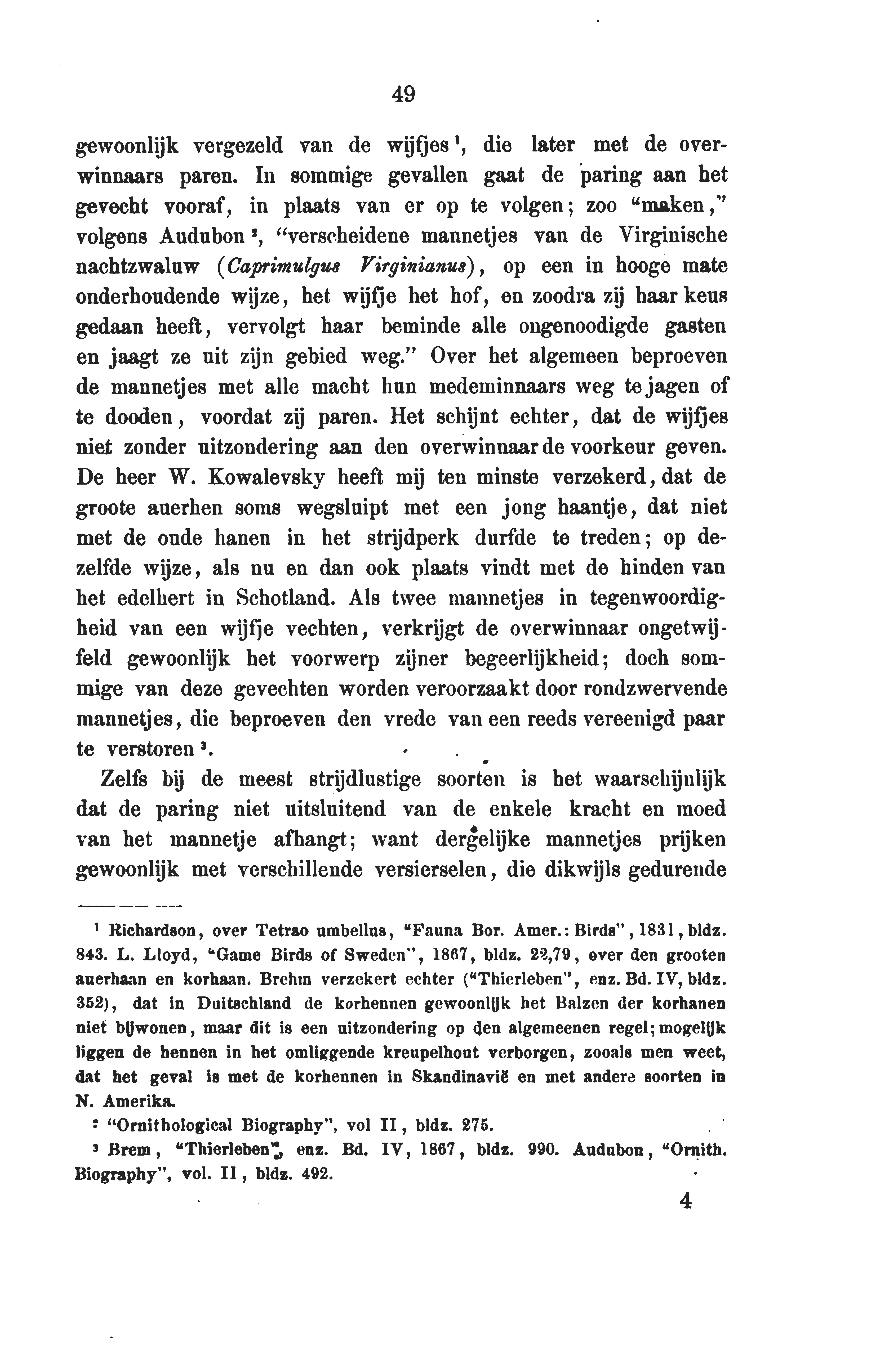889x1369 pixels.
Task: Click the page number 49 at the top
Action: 403,93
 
